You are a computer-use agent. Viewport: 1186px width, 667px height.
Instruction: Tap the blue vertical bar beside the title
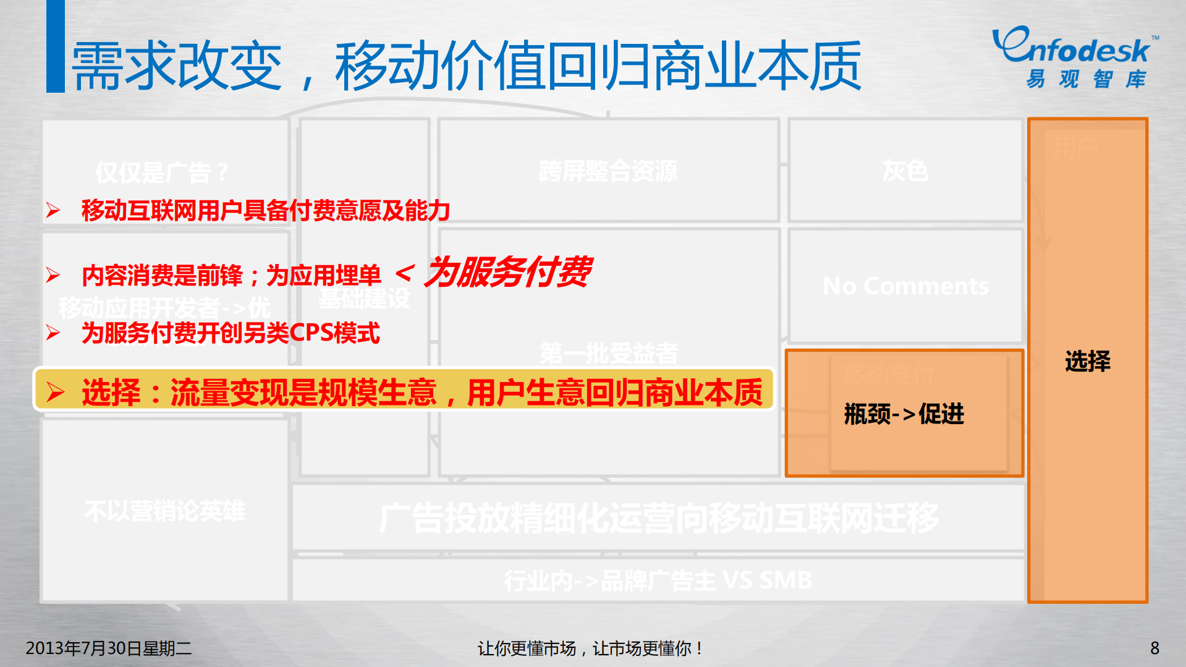[x=56, y=46]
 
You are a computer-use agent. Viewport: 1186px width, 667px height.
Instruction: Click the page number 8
[x=1154, y=648]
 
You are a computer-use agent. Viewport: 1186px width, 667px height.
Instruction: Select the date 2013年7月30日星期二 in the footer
[x=109, y=648]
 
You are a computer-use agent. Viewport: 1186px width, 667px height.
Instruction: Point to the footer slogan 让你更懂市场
[x=527, y=648]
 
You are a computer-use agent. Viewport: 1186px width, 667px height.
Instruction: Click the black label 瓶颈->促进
[x=904, y=414]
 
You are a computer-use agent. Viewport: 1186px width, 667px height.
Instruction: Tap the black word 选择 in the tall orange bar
[x=1088, y=361]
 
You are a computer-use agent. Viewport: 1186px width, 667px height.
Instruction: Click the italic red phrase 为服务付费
[x=507, y=272]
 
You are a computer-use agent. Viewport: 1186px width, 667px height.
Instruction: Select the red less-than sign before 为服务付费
[x=404, y=273]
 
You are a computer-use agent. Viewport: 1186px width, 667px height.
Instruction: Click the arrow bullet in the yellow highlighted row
[x=55, y=392]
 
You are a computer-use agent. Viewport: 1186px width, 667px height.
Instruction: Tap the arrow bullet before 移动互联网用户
[x=53, y=210]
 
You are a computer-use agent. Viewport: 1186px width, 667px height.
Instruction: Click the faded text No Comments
[x=905, y=286]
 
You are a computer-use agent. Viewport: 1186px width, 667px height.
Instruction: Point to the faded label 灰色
[x=905, y=171]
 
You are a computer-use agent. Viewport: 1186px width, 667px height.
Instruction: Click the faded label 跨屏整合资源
[x=608, y=171]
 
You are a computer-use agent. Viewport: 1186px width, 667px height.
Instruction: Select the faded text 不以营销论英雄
[x=165, y=511]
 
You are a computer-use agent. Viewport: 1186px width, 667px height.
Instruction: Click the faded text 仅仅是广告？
[x=163, y=172]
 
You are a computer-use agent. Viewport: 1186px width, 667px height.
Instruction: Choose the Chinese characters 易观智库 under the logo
[x=1086, y=79]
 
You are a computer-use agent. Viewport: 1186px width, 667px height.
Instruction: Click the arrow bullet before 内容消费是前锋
[x=53, y=275]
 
